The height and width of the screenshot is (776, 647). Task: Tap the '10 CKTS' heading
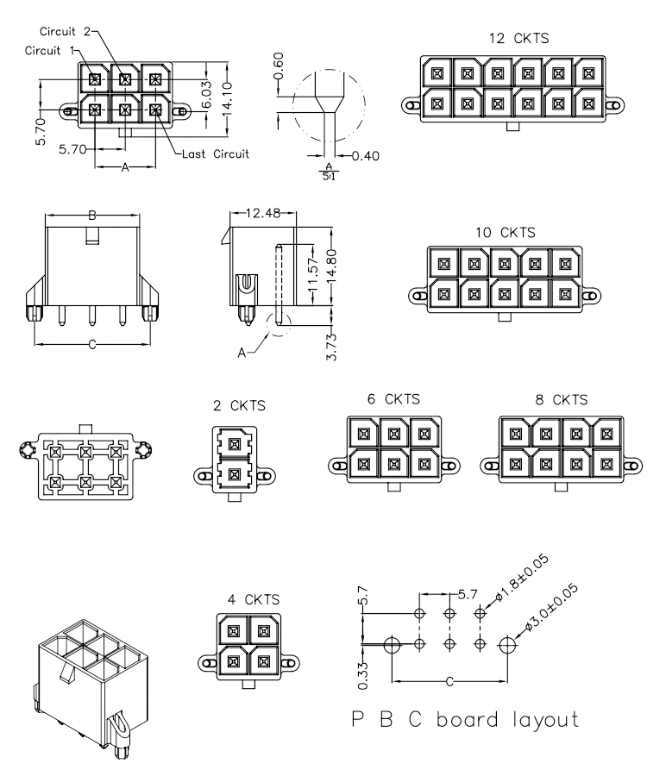506,233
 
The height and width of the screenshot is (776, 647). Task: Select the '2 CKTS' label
239,405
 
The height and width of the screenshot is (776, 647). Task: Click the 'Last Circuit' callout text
216,154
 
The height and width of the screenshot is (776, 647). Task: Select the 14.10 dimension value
227,98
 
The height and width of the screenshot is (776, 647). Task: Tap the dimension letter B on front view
93,215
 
